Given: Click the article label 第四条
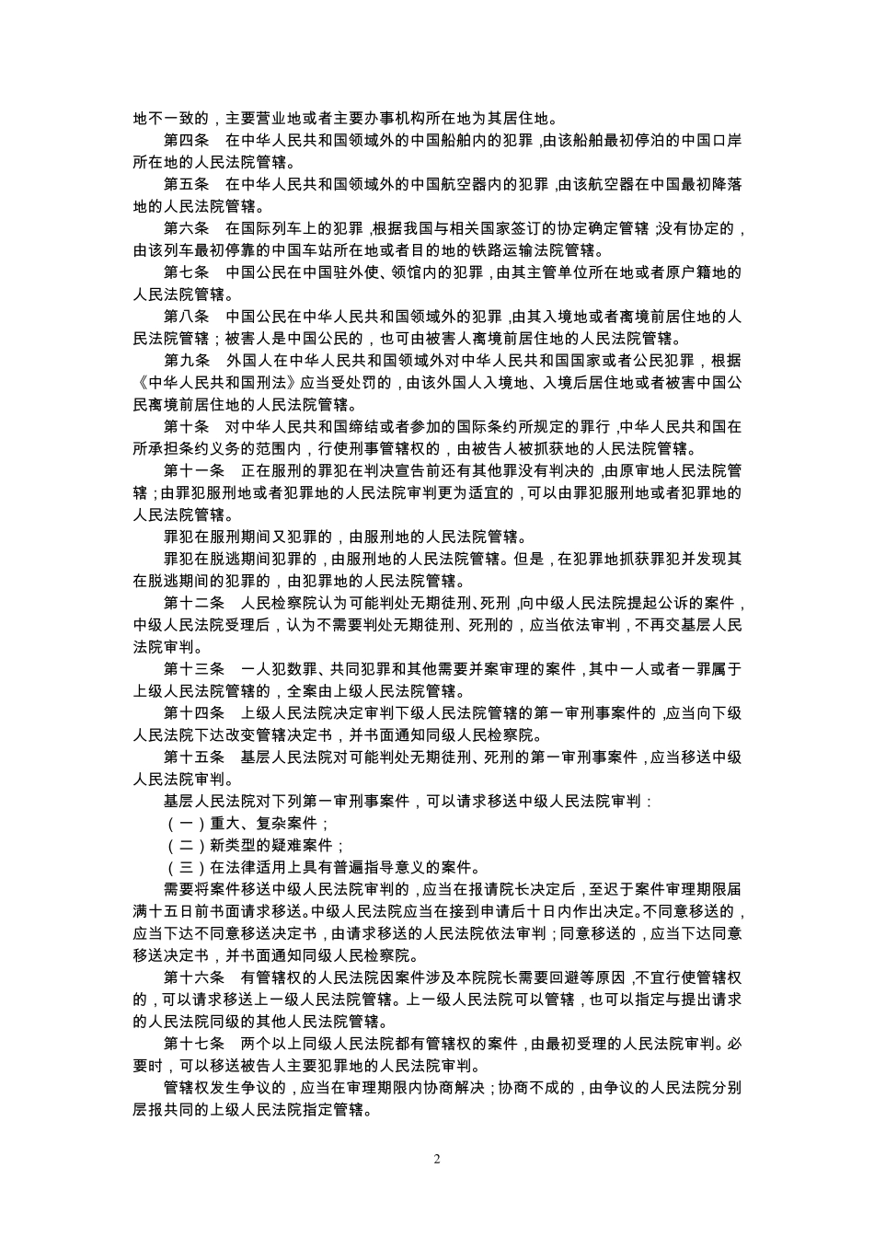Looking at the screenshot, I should click(187, 141).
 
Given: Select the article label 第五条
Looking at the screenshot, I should click(187, 185).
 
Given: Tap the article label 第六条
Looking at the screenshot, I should click(187, 229).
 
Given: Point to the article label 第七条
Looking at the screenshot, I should click(187, 273).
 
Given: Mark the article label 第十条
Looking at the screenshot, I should click(187, 428).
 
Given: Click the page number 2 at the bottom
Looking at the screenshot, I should click(437, 1160).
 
